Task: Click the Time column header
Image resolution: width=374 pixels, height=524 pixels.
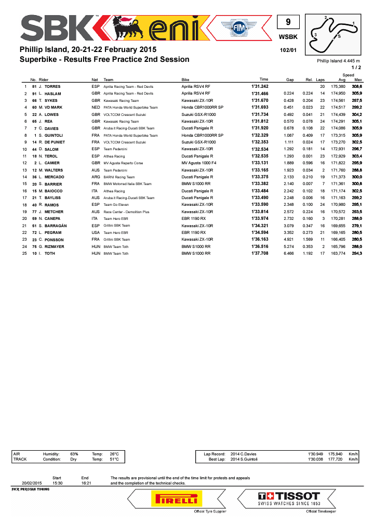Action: tap(264, 80)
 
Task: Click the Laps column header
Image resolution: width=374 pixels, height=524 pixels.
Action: tap(320, 80)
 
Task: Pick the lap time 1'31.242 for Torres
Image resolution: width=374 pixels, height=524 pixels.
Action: tap(260, 86)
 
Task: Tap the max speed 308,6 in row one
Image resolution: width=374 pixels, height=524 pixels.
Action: tap(356, 86)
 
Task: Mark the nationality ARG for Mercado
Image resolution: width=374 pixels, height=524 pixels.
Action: tap(96, 177)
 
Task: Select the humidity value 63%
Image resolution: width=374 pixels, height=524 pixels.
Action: tap(74, 454)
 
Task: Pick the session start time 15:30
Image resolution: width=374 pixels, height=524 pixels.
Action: tap(57, 483)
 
